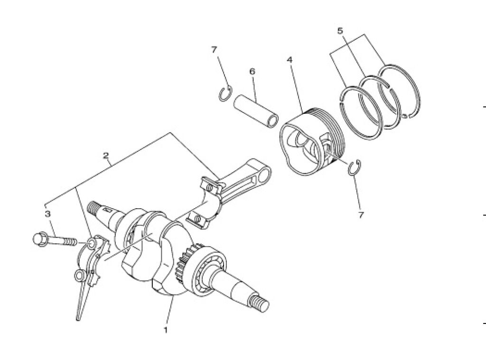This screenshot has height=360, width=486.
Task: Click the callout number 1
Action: (166, 330)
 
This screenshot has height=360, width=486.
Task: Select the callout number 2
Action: (106, 155)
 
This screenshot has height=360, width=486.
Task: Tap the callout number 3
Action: (48, 213)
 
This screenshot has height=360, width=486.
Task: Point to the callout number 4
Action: (290, 59)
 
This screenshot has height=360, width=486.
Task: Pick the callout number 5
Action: (340, 31)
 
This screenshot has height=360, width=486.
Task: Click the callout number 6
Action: (252, 72)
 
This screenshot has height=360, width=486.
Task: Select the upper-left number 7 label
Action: (214, 50)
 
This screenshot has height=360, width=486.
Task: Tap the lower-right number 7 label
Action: (361, 215)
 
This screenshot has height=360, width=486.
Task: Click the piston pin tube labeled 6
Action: (256, 111)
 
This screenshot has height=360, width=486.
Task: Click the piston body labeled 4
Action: (311, 142)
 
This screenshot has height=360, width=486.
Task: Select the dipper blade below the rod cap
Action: (83, 302)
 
